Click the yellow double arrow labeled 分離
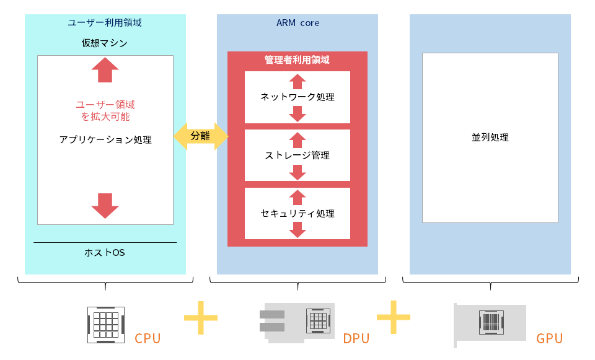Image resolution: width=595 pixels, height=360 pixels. coord(200,136)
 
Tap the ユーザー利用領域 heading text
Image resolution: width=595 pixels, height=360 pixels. coord(105,23)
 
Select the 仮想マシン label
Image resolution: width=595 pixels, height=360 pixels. coord(105,43)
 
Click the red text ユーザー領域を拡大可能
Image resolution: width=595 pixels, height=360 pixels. coord(105,110)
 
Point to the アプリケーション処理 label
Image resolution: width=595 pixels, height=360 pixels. coord(105,140)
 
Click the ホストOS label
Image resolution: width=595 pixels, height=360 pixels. coord(105,253)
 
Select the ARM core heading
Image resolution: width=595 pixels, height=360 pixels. coord(297,23)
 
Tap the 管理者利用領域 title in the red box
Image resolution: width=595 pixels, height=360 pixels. coord(297,60)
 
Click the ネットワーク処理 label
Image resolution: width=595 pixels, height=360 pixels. coord(297,97)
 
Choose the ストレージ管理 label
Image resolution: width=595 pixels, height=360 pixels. coord(297,156)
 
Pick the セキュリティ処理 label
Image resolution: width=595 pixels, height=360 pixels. coord(297,214)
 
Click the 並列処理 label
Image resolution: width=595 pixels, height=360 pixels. coord(490,138)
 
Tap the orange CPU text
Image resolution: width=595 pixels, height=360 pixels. coord(148,339)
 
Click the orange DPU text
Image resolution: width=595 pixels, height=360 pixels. coord(356,339)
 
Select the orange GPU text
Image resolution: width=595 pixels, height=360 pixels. coord(550,339)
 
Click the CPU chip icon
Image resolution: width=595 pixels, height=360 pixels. coord(105,323)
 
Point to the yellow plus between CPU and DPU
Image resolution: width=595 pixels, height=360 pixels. coord(201,317)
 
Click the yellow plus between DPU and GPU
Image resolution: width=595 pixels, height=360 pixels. coord(394,317)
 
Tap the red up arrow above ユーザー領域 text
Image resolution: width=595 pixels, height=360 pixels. coord(105,70)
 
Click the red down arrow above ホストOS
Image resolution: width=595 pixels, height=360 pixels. coord(105,206)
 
